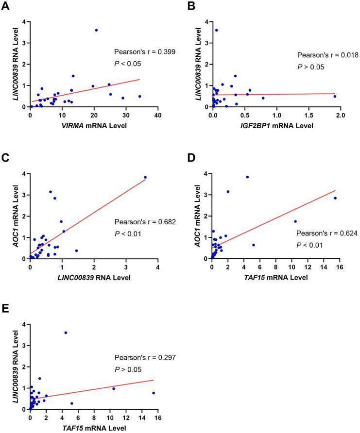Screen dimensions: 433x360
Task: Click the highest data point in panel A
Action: point(96,30)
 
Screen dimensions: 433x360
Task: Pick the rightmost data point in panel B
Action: point(335,96)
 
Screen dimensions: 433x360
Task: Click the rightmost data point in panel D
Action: point(335,198)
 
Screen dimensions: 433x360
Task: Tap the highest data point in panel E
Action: point(66,333)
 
